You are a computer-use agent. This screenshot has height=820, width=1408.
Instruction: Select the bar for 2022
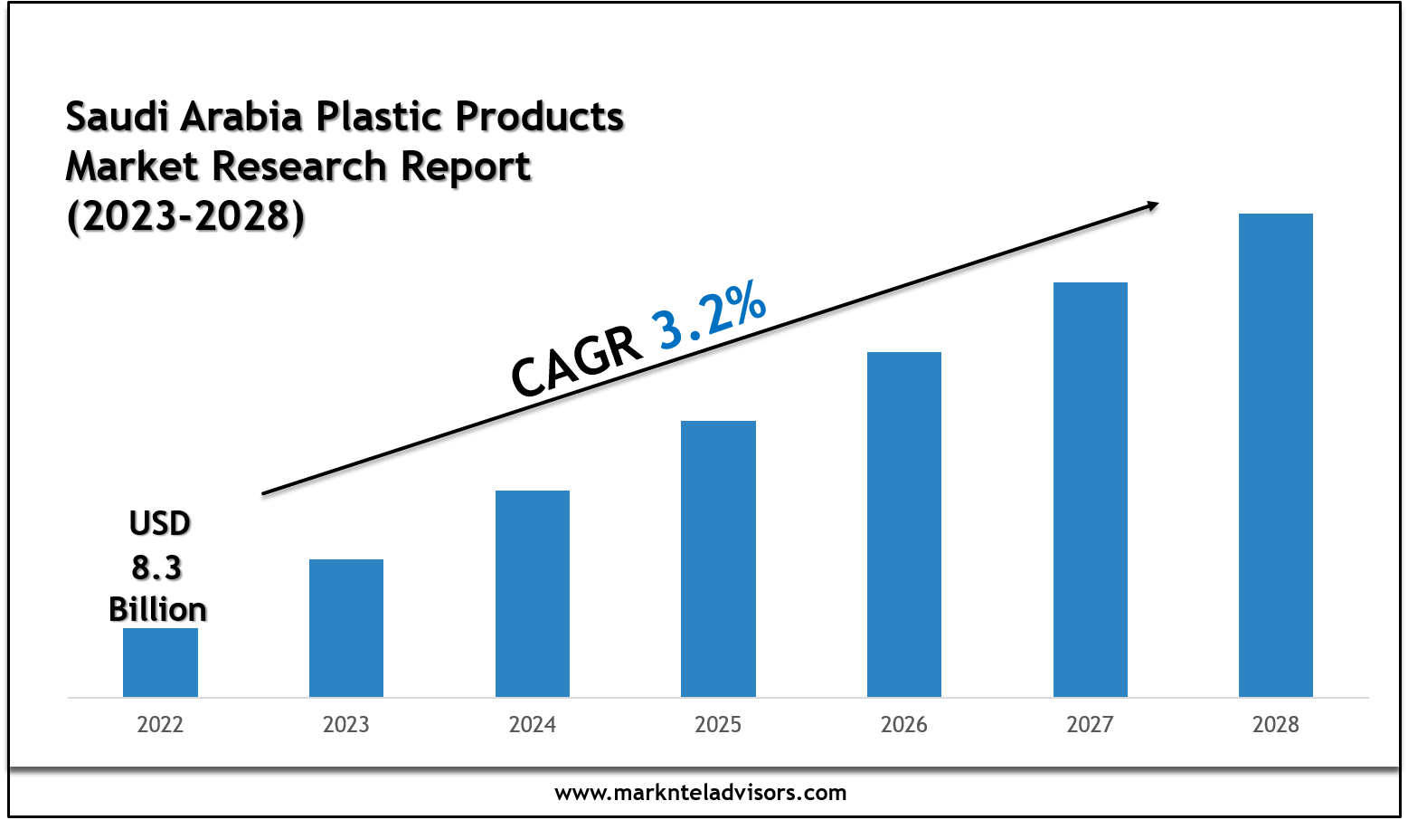click(160, 662)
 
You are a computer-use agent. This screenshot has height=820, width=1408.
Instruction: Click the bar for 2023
click(346, 627)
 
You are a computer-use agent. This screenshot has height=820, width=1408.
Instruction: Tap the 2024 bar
click(533, 593)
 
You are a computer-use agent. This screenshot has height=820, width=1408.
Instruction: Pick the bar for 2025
click(718, 558)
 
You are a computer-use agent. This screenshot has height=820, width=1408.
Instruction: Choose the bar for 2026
click(904, 524)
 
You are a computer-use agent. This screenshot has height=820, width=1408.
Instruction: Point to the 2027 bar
click(1091, 489)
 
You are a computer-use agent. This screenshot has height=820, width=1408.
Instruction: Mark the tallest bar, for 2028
click(1276, 454)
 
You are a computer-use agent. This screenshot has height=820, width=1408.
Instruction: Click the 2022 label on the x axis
click(160, 724)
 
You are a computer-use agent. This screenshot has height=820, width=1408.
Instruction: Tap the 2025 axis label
click(718, 724)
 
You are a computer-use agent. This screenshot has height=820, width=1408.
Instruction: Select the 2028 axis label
click(1276, 724)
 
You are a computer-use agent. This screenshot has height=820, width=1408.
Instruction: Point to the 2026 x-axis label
click(904, 724)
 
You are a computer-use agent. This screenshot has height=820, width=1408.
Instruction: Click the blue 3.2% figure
click(711, 316)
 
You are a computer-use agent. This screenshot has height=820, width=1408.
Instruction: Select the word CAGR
click(576, 361)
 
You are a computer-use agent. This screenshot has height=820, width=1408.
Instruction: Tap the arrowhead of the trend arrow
click(1152, 206)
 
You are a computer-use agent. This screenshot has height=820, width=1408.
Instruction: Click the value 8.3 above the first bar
click(157, 567)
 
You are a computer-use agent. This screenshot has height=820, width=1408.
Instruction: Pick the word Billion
click(157, 609)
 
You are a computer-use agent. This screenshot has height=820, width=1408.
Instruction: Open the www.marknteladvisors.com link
click(701, 793)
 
